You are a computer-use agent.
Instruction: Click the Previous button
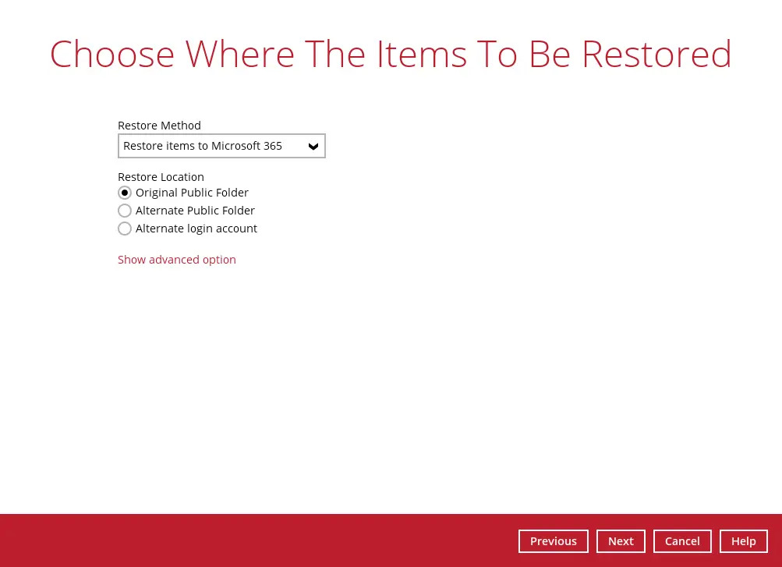coord(553,541)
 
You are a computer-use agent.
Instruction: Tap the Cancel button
coord(682,541)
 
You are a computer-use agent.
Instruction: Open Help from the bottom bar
coord(743,541)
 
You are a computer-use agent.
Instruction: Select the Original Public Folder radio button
coord(125,193)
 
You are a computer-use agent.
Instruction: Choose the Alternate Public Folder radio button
coord(125,211)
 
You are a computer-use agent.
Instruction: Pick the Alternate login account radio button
coord(125,229)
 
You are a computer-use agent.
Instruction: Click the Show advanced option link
coord(177,260)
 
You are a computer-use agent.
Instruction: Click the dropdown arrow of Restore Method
coord(313,147)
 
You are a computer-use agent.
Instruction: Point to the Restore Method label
coord(159,126)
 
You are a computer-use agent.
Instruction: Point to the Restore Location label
coord(161,177)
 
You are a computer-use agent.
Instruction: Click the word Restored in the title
coord(656,55)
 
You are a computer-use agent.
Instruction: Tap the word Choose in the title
coord(112,55)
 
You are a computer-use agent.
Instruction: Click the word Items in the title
coord(421,55)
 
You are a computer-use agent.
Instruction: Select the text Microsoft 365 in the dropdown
coord(246,146)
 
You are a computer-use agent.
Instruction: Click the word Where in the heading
coord(240,55)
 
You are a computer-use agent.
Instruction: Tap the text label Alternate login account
coord(196,229)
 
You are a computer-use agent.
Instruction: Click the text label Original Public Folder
coord(192,193)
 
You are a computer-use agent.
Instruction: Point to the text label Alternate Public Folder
coord(195,211)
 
